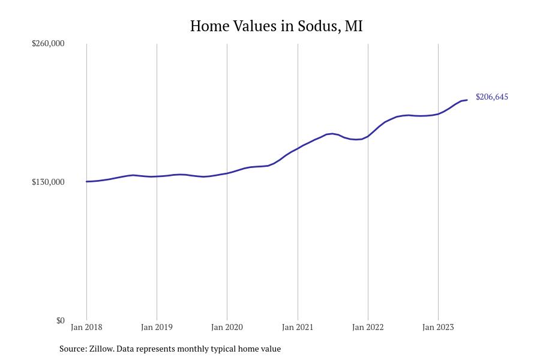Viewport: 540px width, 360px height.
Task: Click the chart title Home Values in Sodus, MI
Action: point(276,26)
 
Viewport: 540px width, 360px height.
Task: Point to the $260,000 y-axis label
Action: point(48,43)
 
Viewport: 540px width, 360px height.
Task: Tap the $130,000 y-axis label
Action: point(48,182)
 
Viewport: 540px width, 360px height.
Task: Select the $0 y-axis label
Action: point(60,320)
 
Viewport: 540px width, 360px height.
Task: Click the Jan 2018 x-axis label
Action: point(86,327)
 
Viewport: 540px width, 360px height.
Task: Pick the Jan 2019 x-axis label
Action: point(157,327)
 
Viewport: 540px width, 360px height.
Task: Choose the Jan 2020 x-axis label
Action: point(227,327)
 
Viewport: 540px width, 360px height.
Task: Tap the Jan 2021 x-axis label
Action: point(298,327)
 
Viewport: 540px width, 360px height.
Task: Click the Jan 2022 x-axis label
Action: point(368,327)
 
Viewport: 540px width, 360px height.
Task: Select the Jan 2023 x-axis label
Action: point(438,327)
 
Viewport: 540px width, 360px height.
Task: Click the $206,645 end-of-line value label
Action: point(491,97)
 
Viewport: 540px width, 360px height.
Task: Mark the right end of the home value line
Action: point(467,100)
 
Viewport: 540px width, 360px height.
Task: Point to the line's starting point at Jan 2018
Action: point(86,181)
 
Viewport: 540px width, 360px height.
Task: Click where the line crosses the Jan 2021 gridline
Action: point(298,148)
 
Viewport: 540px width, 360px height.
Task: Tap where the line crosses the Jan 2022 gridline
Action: point(368,136)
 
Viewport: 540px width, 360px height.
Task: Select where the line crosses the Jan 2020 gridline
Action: point(227,173)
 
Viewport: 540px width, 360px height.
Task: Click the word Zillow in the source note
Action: point(101,349)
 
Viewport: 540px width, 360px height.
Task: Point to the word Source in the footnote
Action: point(72,349)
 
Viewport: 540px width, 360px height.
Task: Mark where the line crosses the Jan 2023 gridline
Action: point(438,113)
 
